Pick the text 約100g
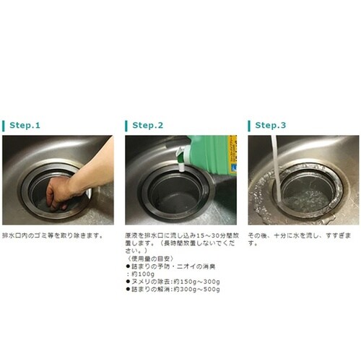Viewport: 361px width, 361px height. click(x=141, y=275)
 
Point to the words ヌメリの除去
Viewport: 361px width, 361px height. click(x=150, y=282)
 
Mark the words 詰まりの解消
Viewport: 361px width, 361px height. click(x=150, y=290)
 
